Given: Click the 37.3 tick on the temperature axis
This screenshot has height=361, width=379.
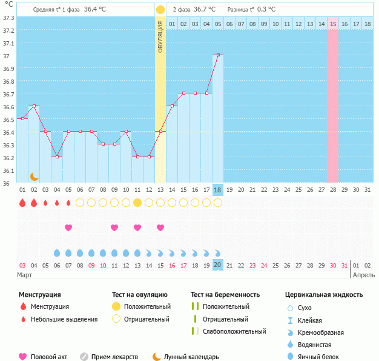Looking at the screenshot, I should [x=8, y=17].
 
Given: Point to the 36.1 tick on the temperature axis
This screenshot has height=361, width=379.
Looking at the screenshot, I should [x=8, y=170].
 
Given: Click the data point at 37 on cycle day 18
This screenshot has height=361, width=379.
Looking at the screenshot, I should [x=218, y=55].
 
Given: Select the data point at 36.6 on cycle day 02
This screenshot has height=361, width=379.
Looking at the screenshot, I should [x=34, y=106].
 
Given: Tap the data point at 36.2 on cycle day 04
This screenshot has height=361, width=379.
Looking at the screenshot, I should [x=57, y=157].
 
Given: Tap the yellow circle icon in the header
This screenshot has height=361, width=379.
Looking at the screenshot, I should [x=160, y=10].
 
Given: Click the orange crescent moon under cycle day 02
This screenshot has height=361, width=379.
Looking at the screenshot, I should [x=35, y=177].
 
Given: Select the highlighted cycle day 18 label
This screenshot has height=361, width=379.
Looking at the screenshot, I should [x=218, y=190].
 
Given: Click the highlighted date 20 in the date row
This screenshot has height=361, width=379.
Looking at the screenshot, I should [x=218, y=265].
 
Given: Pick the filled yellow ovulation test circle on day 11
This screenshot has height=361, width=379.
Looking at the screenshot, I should [x=137, y=203].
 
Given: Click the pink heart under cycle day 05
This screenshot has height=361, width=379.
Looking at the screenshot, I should [x=68, y=228].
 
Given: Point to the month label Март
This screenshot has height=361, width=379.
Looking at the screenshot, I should [x=25, y=275].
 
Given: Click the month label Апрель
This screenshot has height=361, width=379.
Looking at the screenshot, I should [x=363, y=275].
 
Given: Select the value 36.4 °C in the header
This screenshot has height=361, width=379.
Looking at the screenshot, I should [x=95, y=9].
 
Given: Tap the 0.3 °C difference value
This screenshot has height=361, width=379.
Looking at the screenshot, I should [x=266, y=9].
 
